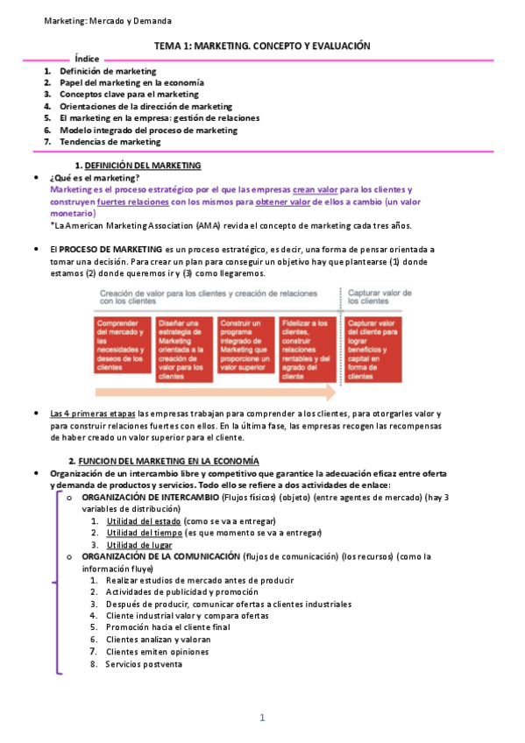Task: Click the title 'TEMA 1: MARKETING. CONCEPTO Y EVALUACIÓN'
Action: click(263, 45)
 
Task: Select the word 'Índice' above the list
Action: click(87, 58)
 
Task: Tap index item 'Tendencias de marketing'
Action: click(110, 141)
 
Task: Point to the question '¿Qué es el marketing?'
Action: click(96, 178)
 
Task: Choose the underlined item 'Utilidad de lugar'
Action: click(139, 545)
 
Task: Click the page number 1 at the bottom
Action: click(262, 718)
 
